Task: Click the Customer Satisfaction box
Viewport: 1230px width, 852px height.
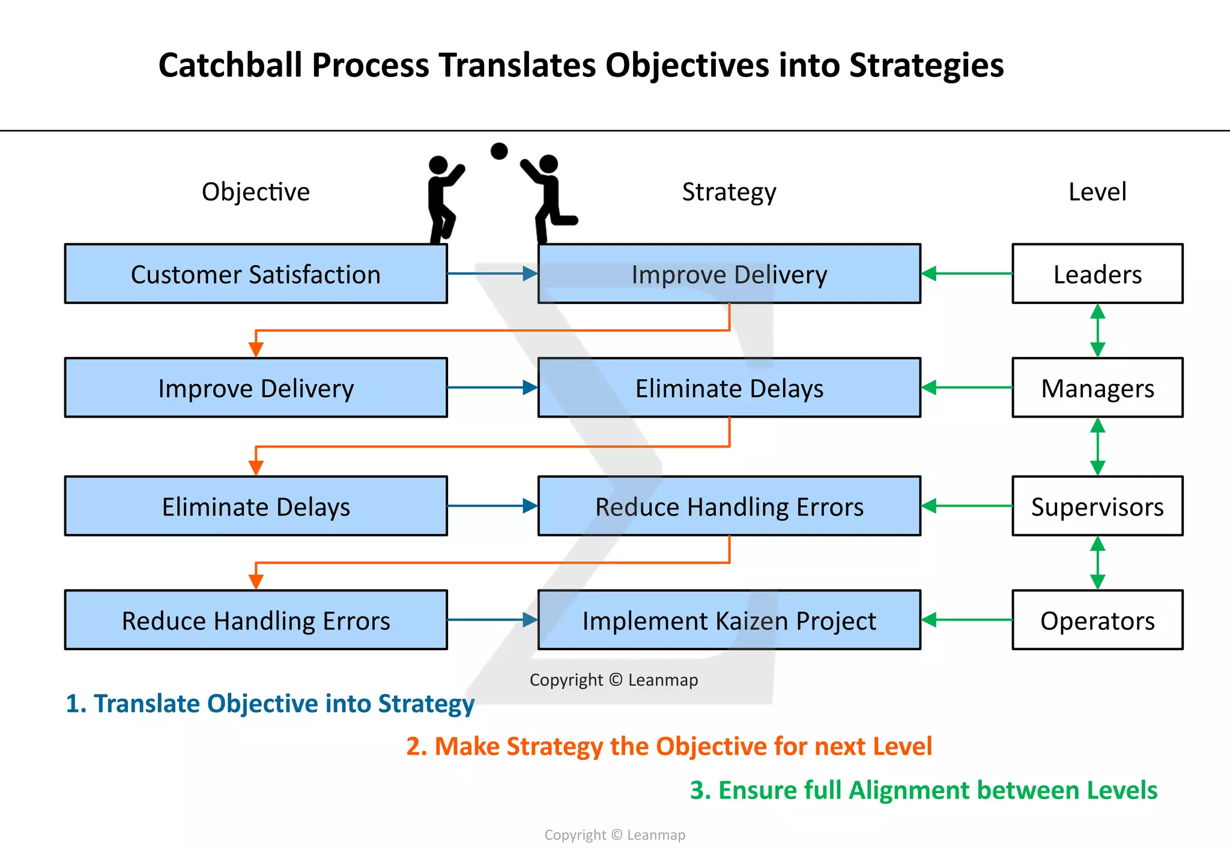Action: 256,274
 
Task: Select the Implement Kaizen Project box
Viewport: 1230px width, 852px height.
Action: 729,620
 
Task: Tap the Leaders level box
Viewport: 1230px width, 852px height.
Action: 1097,274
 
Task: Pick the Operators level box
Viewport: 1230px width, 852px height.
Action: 1097,620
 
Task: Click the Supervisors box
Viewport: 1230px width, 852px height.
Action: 1097,507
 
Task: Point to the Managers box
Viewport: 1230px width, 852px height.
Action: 1097,388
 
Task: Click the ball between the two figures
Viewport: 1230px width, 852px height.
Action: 499,151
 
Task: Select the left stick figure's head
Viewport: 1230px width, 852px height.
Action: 438,165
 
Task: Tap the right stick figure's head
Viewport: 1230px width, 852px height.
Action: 549,163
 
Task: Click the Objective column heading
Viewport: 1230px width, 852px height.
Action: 256,192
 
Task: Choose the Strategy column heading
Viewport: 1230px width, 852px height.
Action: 729,192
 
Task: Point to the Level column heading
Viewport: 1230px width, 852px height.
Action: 1097,192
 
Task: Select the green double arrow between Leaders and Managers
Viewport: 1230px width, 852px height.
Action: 1097,330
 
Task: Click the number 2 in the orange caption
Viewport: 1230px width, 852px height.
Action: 413,747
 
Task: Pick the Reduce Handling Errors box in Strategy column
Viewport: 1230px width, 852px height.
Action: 729,507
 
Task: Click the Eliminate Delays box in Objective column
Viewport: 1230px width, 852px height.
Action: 256,507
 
